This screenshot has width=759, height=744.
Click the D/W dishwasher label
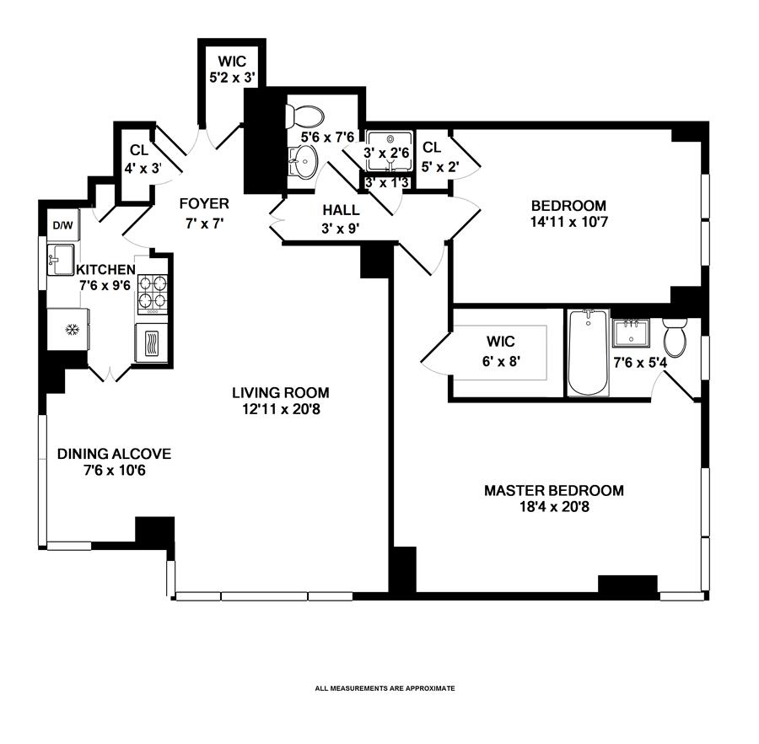coord(62,225)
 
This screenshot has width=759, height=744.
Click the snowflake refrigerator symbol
coord(72,327)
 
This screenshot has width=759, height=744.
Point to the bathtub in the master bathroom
coord(587,353)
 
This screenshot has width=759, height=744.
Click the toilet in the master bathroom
coord(676,337)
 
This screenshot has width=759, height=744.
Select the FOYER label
coord(203,203)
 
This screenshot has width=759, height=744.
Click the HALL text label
coord(341,210)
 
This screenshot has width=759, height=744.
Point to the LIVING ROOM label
coord(281,393)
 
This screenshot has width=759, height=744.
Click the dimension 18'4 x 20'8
coord(553,507)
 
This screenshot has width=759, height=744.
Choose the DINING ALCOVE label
coord(114,454)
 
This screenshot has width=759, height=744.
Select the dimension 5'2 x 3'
coord(232,77)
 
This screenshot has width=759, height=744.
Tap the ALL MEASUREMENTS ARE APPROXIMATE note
coord(385,688)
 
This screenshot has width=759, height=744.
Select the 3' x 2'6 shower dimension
coord(387,154)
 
